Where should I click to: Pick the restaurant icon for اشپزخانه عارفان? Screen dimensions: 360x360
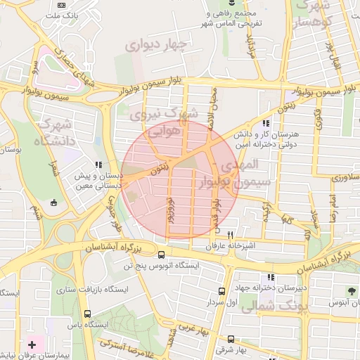click(230, 235)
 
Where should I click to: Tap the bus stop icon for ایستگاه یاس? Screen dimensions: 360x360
click(87, 314)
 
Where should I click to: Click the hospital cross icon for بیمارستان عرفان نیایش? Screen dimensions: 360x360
click(32, 345)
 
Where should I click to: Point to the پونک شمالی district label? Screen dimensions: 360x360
click(274, 307)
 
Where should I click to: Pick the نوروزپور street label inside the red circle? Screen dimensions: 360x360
click(168, 211)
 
